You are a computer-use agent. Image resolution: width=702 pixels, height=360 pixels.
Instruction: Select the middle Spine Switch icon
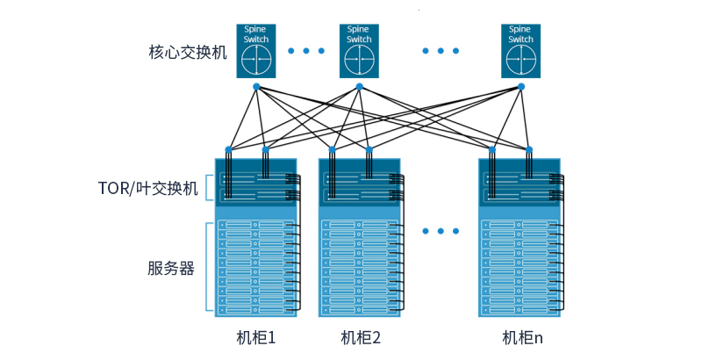point(359,49)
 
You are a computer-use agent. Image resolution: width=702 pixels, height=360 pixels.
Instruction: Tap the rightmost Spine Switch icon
point(520,49)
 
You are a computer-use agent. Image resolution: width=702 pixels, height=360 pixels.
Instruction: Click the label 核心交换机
point(188,52)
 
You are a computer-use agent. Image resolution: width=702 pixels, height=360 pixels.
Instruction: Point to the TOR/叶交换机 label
point(148,188)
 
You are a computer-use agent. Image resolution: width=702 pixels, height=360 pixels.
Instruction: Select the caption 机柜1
point(256,338)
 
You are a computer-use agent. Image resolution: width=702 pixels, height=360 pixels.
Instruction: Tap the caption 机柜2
point(360,338)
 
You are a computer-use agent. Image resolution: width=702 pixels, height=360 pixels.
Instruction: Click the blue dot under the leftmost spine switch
point(256,86)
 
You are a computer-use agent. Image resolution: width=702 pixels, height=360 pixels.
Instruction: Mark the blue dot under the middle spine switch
point(359,86)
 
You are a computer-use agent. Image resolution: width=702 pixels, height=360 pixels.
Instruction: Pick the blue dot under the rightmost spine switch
point(520,86)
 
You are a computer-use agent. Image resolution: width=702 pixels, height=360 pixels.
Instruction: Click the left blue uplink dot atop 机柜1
point(228,148)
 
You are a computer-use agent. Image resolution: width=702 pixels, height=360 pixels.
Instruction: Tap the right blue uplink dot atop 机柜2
point(369,148)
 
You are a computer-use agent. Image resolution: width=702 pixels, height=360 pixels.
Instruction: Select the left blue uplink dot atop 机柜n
point(492,148)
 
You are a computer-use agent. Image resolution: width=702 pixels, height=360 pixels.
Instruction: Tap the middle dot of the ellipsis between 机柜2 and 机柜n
point(441,232)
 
